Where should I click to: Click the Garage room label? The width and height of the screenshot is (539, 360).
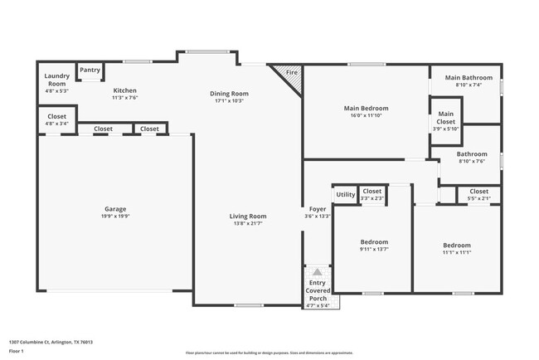tap(115, 209)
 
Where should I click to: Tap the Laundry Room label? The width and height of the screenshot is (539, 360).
tap(56, 80)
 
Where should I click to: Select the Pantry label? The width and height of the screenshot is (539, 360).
tap(90, 71)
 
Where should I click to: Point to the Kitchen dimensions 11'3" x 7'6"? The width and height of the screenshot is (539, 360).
tap(124, 98)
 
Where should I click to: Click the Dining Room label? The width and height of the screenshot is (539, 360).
tap(229, 94)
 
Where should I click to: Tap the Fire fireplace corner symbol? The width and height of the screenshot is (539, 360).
tap(292, 73)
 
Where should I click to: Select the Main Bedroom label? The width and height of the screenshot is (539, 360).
tap(366, 109)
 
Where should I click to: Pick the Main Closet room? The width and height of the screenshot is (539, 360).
tap(445, 117)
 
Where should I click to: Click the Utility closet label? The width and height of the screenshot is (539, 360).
tap(346, 195)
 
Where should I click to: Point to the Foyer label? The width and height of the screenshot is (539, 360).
tap(318, 209)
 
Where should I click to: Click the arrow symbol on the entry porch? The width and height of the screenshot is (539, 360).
tap(318, 271)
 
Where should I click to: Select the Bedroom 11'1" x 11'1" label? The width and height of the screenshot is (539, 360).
tap(456, 246)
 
